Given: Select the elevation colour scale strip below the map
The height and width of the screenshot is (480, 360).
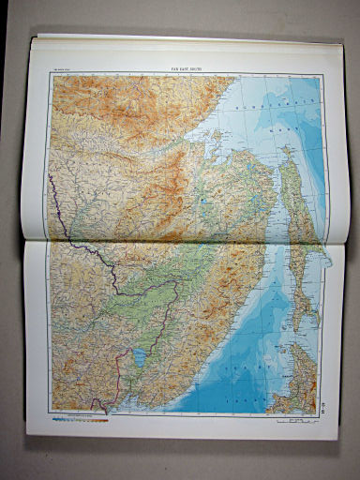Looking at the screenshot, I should [80, 419].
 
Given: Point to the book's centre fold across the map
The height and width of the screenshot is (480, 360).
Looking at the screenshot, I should [178, 240].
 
